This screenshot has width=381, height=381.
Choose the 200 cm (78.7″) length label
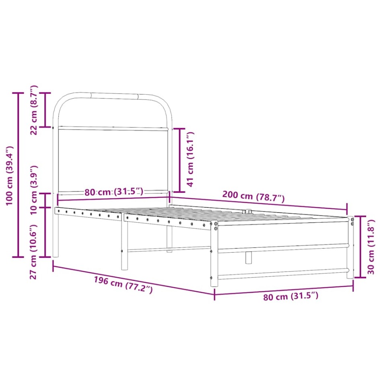coord(253,197)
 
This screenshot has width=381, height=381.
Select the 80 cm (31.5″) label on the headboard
coord(114,192)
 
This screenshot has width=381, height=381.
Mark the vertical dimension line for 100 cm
coord(18,175)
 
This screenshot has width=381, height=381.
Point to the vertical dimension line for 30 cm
coord(360,246)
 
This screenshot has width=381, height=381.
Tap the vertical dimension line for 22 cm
coord(45,110)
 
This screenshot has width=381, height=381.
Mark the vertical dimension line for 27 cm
coord(45,225)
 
